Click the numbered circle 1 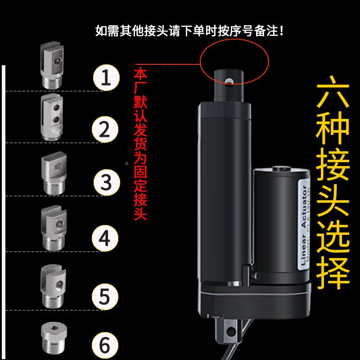106,78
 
